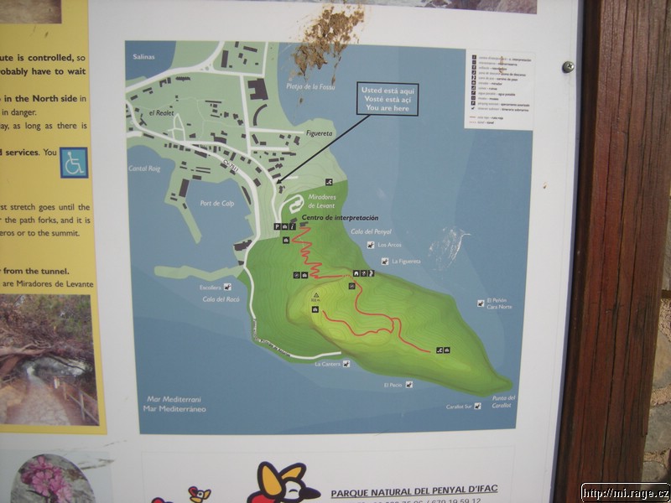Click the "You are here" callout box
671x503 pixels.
(x=387, y=99)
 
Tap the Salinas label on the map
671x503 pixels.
(x=144, y=56)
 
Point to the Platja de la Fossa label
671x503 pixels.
(x=310, y=86)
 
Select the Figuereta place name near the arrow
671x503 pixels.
(x=318, y=132)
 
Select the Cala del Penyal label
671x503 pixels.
(x=372, y=231)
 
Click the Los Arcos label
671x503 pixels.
(x=390, y=245)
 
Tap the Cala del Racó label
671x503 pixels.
(x=221, y=298)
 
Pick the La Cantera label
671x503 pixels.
(x=328, y=364)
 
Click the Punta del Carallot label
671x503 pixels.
(x=503, y=401)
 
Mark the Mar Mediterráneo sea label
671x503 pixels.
(x=175, y=409)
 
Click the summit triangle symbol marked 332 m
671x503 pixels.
(x=316, y=295)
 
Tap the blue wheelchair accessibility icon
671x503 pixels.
(x=74, y=163)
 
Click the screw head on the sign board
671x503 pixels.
(x=568, y=66)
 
